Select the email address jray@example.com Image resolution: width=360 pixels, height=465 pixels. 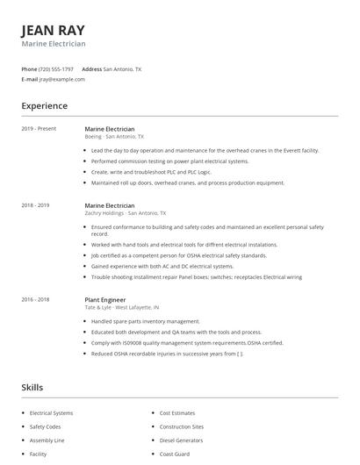[61, 79]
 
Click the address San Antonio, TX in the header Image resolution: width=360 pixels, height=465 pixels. [122, 68]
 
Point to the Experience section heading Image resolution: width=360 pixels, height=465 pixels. [44, 106]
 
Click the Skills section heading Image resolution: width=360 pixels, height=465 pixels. [32, 387]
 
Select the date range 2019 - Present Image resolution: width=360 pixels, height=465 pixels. [39, 129]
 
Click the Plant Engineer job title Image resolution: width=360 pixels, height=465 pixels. [106, 299]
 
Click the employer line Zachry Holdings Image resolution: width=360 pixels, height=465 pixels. [124, 213]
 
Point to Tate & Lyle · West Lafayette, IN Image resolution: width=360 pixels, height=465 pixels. [122, 307]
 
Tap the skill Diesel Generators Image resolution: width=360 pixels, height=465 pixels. [180, 440]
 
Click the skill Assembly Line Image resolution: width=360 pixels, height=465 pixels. [47, 440]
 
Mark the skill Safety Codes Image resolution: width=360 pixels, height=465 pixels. [46, 426]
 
